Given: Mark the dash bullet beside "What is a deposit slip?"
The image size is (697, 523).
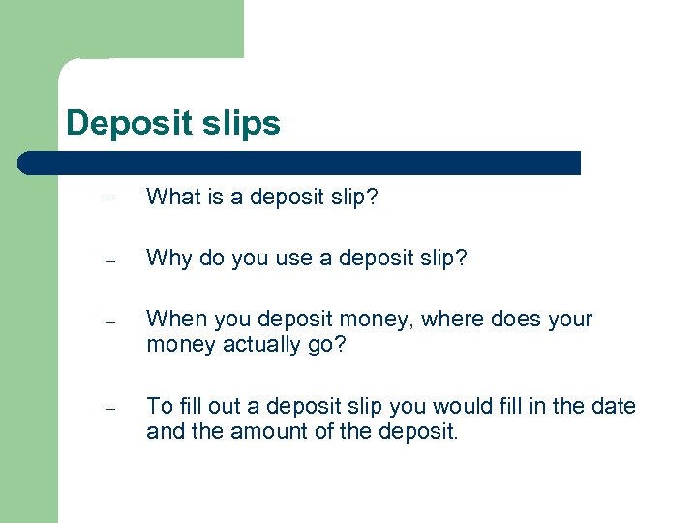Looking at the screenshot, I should coord(111,200).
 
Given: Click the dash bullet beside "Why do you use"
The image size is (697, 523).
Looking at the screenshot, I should coord(111,261).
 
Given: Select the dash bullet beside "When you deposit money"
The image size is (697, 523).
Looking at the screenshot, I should coord(111,323).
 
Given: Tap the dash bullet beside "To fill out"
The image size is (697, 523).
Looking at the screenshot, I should coord(111,409).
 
